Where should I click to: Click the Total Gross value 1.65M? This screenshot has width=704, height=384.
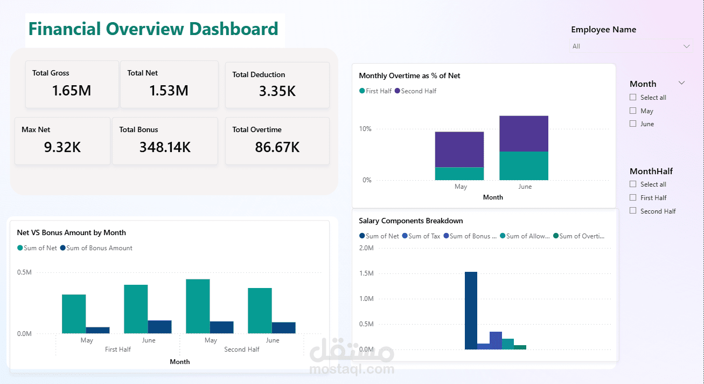(72, 91)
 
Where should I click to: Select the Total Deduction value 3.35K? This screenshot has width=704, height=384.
(277, 91)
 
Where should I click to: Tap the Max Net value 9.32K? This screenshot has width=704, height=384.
(62, 147)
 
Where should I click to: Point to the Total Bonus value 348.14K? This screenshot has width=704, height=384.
(165, 147)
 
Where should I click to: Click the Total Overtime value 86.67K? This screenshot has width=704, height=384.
(277, 147)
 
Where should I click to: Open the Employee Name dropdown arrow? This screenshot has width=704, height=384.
(686, 46)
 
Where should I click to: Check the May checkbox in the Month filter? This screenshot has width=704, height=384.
(633, 111)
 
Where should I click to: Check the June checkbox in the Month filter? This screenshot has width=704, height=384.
(633, 124)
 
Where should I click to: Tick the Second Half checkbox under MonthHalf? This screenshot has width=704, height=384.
(633, 210)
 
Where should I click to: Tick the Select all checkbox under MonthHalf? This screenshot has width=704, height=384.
(633, 184)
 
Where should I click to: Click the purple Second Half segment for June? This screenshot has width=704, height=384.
(524, 134)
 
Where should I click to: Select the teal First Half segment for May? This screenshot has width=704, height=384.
(459, 174)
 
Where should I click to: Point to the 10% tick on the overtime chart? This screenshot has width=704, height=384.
(365, 129)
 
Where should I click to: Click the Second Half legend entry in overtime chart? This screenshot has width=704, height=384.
(415, 91)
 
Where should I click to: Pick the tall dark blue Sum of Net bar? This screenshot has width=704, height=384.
(471, 311)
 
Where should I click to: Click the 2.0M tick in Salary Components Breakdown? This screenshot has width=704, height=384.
(366, 248)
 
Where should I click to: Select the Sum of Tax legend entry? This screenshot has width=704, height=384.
(421, 236)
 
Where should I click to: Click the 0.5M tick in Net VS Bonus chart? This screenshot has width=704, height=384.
(25, 272)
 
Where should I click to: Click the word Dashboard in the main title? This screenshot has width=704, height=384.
(234, 29)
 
